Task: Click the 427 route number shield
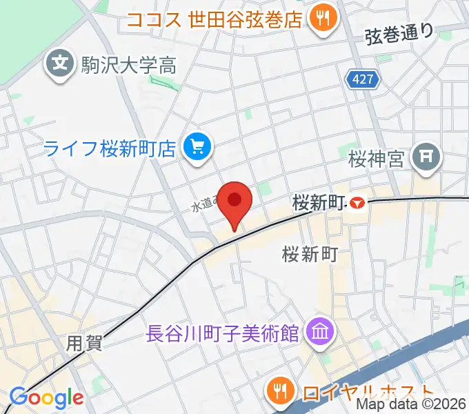pyautogui.click(x=363, y=80)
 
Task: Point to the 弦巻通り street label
pyautogui.click(x=400, y=32)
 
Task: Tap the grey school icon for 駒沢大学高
pyautogui.click(x=60, y=65)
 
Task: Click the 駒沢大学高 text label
pyautogui.click(x=129, y=66)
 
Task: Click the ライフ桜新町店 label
pyautogui.click(x=110, y=147)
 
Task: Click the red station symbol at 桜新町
pyautogui.click(x=356, y=203)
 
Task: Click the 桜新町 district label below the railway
pyautogui.click(x=309, y=255)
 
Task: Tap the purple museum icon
pyautogui.click(x=319, y=333)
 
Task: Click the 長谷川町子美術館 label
pyautogui.click(x=223, y=334)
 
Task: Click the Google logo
pyautogui.click(x=47, y=397)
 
